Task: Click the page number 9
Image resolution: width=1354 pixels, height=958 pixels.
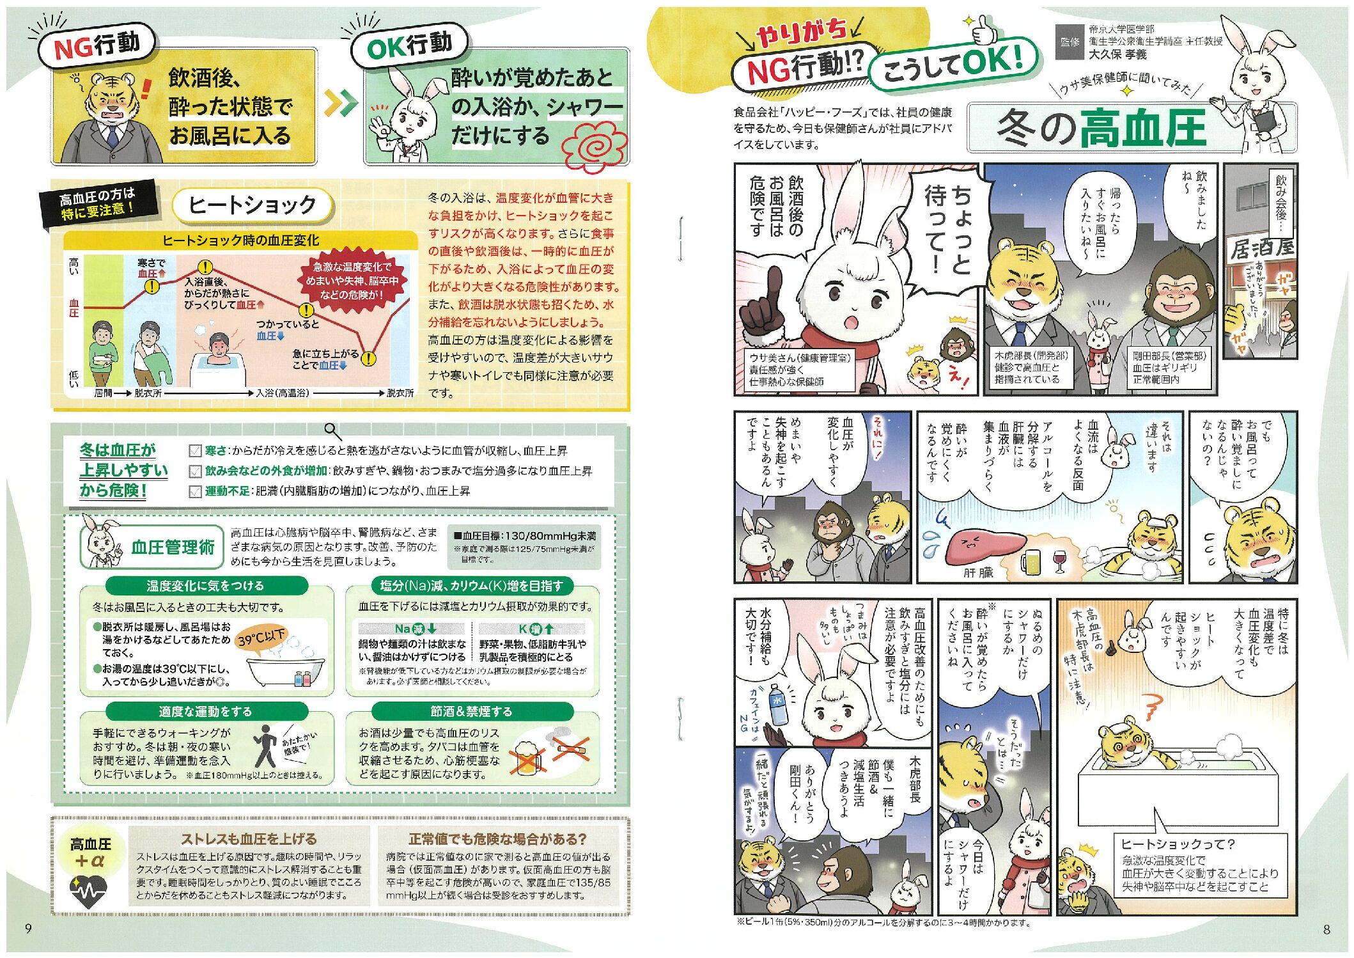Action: click(27, 928)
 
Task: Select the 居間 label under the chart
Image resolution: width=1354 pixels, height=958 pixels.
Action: click(103, 393)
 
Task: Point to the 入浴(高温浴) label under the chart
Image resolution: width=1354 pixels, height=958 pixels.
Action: click(282, 393)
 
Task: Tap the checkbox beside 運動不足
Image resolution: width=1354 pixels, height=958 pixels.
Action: click(195, 491)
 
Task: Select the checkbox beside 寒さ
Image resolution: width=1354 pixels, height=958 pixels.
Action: click(195, 452)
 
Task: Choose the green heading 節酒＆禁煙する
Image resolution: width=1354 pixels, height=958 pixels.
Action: click(471, 711)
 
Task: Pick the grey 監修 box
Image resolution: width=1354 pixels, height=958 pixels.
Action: click(1070, 42)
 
